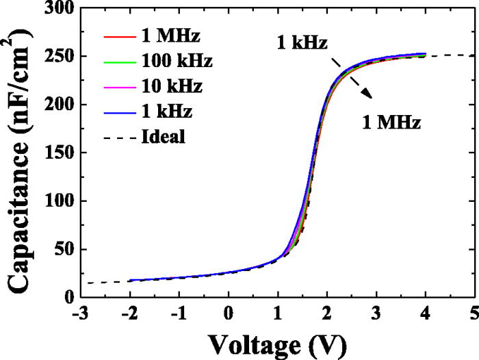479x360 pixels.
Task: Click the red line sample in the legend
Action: point(117,36)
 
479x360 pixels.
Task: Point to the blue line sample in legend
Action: point(117,112)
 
